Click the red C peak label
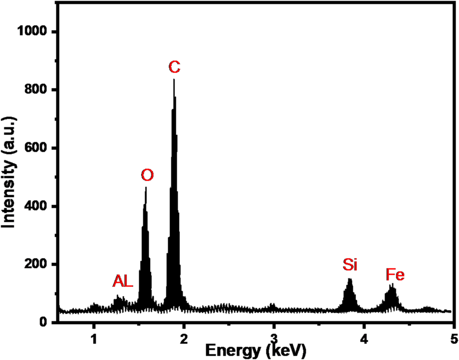[174, 67]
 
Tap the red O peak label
[147, 175]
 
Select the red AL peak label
[123, 282]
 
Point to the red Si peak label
[349, 265]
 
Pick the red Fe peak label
[395, 275]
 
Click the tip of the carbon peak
[174, 80]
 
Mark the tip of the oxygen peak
[146, 187]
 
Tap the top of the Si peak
[349, 279]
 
